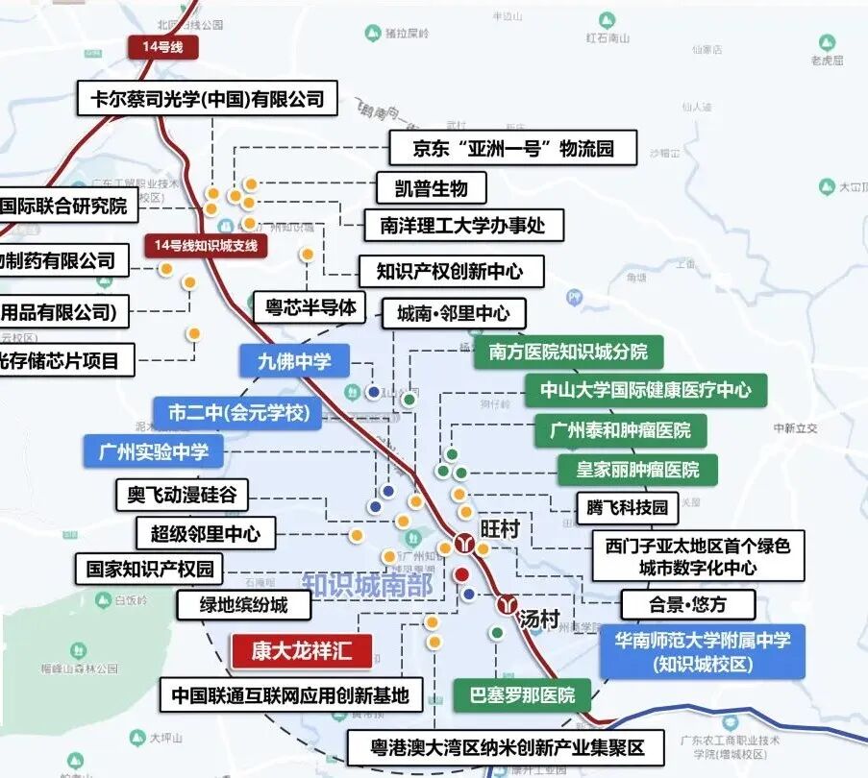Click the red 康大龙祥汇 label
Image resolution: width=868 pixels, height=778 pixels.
click(x=301, y=652)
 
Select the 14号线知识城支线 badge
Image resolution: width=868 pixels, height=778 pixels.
click(x=207, y=245)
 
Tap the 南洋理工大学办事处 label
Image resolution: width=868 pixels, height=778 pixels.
click(x=462, y=226)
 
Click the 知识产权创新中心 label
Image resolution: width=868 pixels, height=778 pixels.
click(x=450, y=271)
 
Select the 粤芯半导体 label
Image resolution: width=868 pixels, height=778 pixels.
click(x=310, y=307)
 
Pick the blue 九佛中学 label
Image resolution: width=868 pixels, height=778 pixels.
click(x=294, y=360)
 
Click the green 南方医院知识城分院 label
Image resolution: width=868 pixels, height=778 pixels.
click(x=568, y=352)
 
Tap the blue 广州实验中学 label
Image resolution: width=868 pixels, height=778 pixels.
click(x=160, y=450)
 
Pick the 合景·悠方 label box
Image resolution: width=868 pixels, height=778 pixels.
click(x=687, y=604)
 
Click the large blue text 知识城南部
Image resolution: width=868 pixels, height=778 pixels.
click(x=367, y=584)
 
